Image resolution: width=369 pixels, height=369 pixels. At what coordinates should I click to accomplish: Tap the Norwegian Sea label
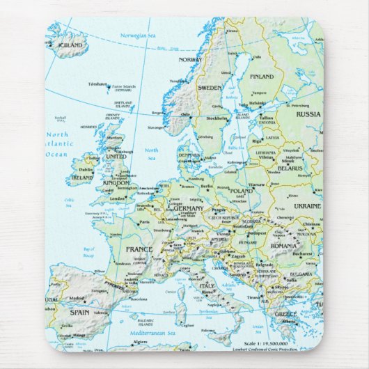136,35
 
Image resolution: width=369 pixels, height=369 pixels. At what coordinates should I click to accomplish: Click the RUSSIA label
308,114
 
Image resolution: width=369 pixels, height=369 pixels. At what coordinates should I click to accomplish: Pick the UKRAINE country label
307,206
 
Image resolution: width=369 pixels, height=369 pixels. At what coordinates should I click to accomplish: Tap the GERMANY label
189,208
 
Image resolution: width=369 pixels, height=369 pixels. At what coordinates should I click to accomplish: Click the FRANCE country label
139,249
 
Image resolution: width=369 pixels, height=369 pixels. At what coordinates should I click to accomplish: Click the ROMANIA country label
284,246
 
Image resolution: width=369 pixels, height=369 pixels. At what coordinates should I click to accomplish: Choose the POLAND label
241,190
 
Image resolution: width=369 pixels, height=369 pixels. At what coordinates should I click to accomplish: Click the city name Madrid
77,299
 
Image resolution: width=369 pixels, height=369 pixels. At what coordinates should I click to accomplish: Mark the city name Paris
144,223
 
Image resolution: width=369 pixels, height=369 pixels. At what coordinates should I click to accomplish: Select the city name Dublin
86,168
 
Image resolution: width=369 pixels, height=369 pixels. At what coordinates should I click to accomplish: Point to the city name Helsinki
258,103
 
